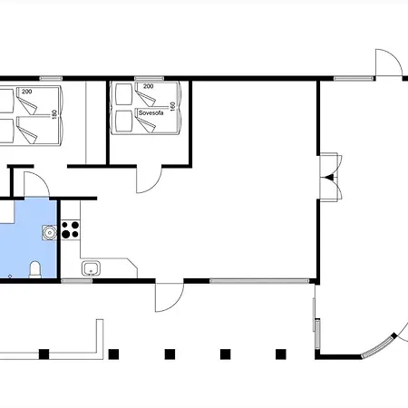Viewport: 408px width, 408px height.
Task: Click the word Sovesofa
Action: (x=151, y=112)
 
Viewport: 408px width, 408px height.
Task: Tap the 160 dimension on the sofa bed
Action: (x=172, y=106)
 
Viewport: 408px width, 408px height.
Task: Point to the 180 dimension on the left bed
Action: (x=54, y=114)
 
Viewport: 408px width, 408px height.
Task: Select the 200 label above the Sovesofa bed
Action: (x=148, y=86)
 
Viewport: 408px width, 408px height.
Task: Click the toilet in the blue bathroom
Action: (x=35, y=269)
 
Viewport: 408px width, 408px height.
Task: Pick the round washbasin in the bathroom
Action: (x=49, y=233)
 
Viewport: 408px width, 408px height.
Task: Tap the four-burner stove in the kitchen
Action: (x=70, y=229)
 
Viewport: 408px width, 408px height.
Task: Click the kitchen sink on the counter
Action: (x=91, y=268)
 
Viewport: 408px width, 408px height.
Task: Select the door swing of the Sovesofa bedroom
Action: (x=150, y=180)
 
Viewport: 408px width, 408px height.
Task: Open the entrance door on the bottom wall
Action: (x=170, y=297)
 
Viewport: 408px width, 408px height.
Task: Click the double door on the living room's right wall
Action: (x=331, y=177)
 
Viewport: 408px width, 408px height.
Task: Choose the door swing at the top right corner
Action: (x=389, y=63)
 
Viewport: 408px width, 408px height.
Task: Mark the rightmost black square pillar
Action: (x=281, y=355)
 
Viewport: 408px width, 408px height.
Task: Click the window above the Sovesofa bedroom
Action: (x=149, y=79)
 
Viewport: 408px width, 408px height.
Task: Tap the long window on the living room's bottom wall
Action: (x=259, y=281)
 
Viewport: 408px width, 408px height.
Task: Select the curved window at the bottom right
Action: (x=378, y=347)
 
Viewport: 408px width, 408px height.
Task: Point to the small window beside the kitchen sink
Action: (x=76, y=281)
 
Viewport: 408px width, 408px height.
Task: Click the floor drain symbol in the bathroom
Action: (x=10, y=276)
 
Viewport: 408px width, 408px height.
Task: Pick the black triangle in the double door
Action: (x=331, y=177)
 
